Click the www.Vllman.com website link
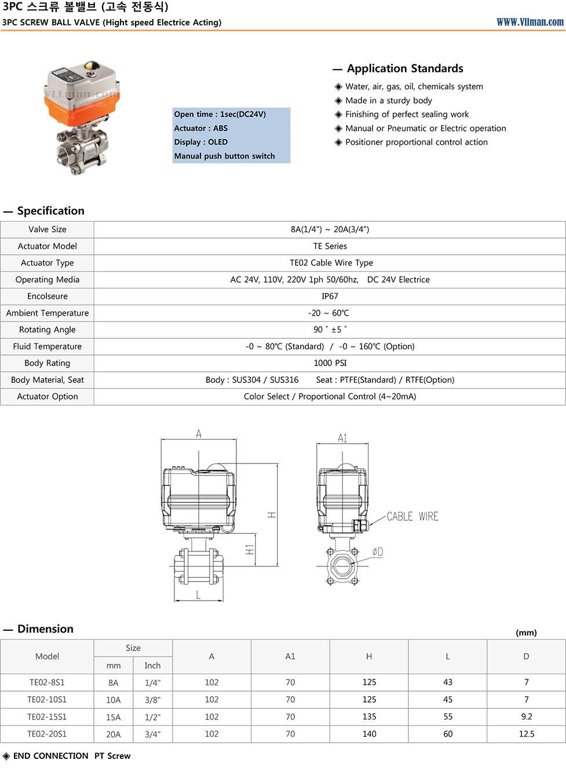point(530,22)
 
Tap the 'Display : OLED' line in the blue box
point(201,142)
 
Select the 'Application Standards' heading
point(405,68)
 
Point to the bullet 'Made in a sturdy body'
point(388,100)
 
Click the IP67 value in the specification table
point(330,296)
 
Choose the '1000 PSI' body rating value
point(330,363)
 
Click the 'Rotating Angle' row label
point(48,330)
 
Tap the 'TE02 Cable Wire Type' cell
point(331,263)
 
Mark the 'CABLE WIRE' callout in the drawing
point(412,516)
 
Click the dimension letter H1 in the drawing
point(250,549)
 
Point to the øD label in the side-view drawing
point(377,552)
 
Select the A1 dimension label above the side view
point(342,438)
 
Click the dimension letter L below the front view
point(198,595)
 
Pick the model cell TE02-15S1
point(47,717)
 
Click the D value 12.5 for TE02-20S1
point(526,734)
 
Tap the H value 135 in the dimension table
point(369,717)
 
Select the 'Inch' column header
point(152,666)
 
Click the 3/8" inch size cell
point(152,700)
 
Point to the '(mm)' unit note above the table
point(526,633)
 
